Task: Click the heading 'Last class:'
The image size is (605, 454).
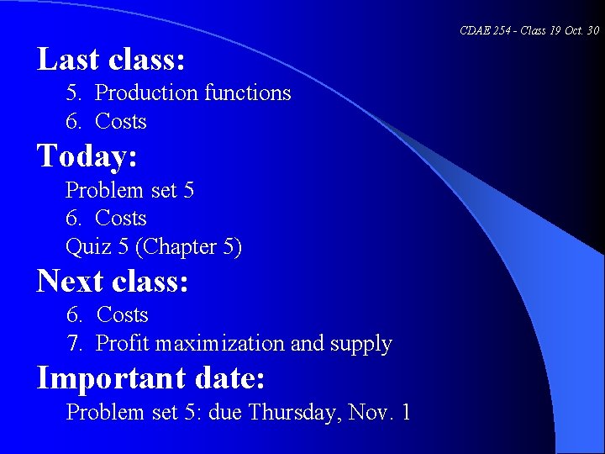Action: [111, 60]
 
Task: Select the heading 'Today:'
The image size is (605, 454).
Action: [87, 156]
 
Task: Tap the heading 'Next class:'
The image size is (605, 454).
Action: [113, 281]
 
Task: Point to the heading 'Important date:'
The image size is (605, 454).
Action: [151, 378]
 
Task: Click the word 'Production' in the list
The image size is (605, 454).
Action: [144, 93]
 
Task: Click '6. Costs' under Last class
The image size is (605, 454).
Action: [106, 122]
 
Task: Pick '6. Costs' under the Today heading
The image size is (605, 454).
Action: [106, 219]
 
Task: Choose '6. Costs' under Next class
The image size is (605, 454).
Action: [108, 315]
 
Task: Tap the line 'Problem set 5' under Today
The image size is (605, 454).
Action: [129, 191]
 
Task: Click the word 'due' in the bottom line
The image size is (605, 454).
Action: [227, 413]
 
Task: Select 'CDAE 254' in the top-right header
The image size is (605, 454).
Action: [481, 31]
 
